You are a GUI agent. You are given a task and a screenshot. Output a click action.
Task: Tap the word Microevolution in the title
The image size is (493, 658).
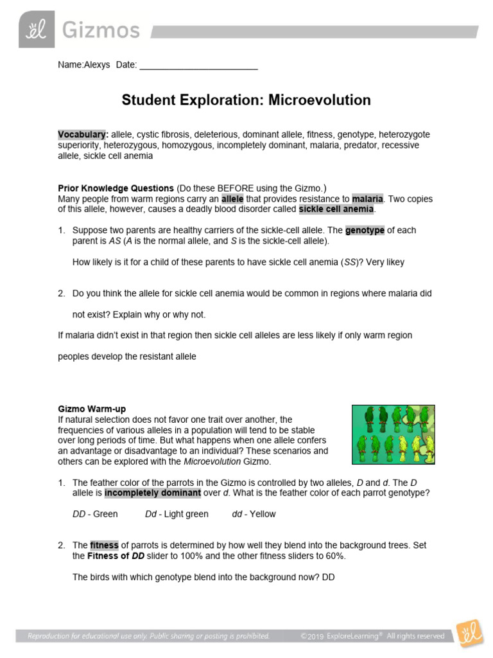(319, 100)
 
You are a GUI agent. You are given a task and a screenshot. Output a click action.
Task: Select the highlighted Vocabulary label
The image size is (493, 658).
(82, 134)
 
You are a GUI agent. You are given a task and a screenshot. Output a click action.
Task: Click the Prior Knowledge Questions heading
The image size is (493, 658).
(116, 188)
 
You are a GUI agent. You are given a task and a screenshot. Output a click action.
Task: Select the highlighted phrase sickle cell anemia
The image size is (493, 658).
(336, 209)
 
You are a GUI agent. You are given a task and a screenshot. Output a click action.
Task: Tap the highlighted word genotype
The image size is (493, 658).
(365, 230)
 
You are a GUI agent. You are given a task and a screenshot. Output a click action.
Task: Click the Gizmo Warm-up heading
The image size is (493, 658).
(92, 409)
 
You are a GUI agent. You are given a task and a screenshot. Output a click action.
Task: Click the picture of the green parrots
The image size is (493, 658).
(393, 434)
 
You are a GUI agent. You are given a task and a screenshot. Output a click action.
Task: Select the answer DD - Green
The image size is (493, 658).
(95, 514)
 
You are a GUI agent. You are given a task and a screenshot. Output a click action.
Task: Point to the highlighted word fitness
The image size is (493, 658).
(105, 546)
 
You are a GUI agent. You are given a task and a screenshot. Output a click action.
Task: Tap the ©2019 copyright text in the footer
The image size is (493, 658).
(315, 636)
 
